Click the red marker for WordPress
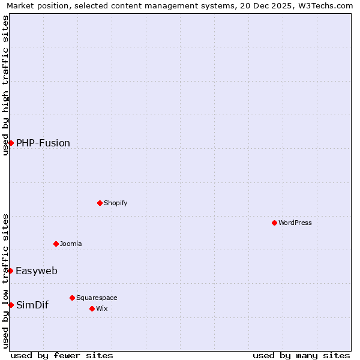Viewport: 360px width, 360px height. pyautogui.click(x=274, y=223)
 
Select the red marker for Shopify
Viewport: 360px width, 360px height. pyautogui.click(x=100, y=203)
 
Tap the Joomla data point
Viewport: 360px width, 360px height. pyautogui.click(x=56, y=244)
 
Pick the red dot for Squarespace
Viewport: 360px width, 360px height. pyautogui.click(x=72, y=298)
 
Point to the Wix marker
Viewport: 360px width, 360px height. pyautogui.click(x=92, y=308)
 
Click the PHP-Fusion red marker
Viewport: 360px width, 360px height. pyautogui.click(x=11, y=143)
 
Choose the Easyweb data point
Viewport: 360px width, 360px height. pyautogui.click(x=10, y=271)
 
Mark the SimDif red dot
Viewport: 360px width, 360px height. pyautogui.click(x=11, y=305)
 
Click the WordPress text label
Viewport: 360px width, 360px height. pyautogui.click(x=295, y=223)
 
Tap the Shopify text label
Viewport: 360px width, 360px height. pyautogui.click(x=116, y=203)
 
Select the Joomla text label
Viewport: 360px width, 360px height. pyautogui.click(x=71, y=244)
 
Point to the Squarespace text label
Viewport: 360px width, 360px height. pyautogui.click(x=97, y=298)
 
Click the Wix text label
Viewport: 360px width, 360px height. pyautogui.click(x=101, y=308)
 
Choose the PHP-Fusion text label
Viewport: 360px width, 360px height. pyautogui.click(x=43, y=143)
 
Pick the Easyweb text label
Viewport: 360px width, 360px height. pyautogui.click(x=37, y=271)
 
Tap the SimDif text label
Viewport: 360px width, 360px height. pyautogui.click(x=32, y=305)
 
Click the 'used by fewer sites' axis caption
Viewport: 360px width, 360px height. pyautogui.click(x=62, y=356)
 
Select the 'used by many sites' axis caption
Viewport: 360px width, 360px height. pyautogui.click(x=301, y=356)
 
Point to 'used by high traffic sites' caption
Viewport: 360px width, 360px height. pyautogui.click(x=5, y=85)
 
